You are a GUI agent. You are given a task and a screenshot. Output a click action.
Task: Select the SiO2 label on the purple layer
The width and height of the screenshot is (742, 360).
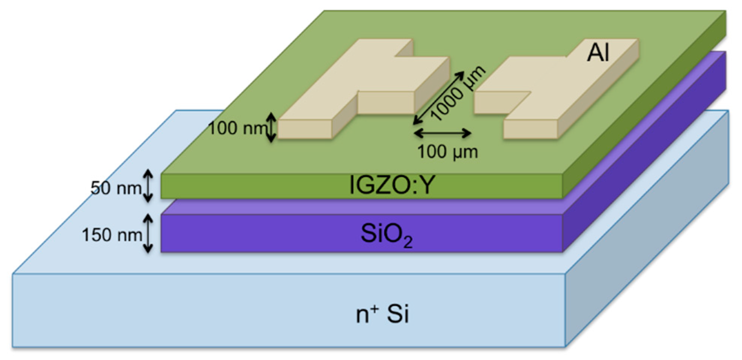coord(386,235)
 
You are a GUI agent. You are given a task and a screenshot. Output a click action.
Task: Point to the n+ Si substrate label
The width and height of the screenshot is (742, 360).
coord(382,314)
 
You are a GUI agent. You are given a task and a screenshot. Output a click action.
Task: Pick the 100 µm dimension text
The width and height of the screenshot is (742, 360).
coord(447,152)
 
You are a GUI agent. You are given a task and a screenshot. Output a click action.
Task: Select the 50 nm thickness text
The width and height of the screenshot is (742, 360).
coord(115,188)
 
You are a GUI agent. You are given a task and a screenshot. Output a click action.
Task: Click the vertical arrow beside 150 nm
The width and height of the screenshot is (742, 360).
coord(148,233)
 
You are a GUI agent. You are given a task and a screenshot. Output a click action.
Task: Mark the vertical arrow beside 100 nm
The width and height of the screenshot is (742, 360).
coord(272,128)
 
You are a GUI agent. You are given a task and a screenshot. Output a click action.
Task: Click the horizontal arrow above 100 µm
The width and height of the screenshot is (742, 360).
coord(443,133)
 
